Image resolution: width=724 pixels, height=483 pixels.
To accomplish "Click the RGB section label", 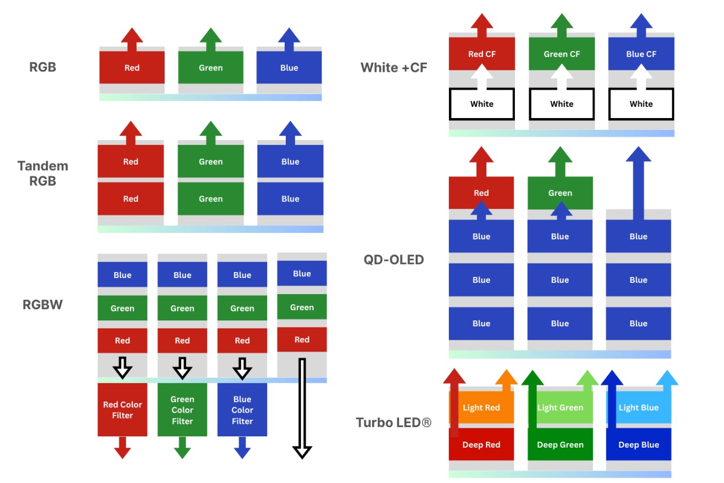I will point(42,67).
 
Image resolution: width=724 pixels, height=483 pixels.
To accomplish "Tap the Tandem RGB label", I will point(42,173).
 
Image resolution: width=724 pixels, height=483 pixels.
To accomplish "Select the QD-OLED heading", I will point(394,260).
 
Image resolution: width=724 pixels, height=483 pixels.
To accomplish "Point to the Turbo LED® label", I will point(394,422).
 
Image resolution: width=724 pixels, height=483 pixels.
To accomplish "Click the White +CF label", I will point(394,68).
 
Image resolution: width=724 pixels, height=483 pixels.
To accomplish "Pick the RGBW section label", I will point(42,304).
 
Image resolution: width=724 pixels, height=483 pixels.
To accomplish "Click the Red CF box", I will point(482,54).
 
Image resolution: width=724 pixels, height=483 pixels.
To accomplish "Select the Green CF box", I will point(562,54).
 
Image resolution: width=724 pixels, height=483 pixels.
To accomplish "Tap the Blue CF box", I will point(641,54).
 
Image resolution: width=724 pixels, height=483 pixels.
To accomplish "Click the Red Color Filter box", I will point(122,409).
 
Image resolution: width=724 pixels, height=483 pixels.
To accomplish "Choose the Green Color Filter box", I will point(182,409).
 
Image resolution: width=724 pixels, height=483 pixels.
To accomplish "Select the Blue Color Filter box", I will point(242,409).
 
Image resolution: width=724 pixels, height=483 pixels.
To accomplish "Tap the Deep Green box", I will point(560,444).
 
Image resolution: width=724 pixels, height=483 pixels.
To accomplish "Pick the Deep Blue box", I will point(638,444).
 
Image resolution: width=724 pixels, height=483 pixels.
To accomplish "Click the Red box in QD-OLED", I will point(481,193).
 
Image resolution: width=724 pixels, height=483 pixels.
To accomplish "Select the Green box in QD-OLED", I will point(560,193).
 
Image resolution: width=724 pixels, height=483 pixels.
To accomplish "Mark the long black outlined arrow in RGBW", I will point(302,408).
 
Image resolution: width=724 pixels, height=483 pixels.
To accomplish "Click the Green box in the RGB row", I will point(210,68).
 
